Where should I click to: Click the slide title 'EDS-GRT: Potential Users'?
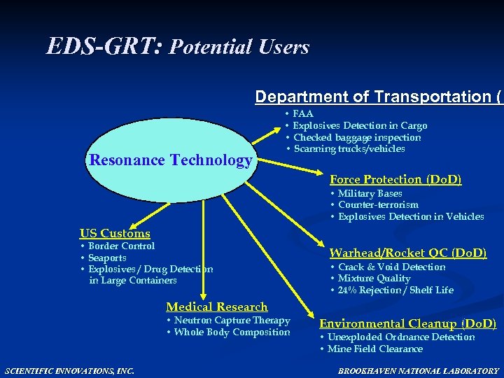pyautogui.click(x=178, y=47)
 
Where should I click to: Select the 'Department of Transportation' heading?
pyautogui.click(x=378, y=97)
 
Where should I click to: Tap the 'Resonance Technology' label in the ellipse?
pyautogui.click(x=171, y=160)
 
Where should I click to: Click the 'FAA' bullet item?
pyautogui.click(x=302, y=113)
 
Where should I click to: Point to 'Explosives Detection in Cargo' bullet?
pyautogui.click(x=360, y=125)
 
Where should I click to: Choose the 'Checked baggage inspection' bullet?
pyautogui.click(x=357, y=137)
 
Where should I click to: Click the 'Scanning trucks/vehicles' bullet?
pyautogui.click(x=349, y=148)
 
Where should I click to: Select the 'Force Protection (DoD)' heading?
pyautogui.click(x=395, y=179)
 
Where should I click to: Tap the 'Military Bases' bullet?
pyautogui.click(x=370, y=193)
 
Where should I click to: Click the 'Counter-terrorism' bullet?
pyautogui.click(x=378, y=205)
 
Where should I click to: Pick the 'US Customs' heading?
pyautogui.click(x=115, y=233)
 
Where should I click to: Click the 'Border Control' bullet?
pyautogui.click(x=121, y=246)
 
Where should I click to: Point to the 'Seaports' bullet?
pyautogui.click(x=107, y=258)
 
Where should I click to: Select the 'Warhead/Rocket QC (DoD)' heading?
pyautogui.click(x=408, y=253)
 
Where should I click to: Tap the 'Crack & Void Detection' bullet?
pyautogui.click(x=391, y=267)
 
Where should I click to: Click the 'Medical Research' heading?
pyautogui.click(x=217, y=307)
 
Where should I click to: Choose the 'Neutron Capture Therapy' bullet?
pyautogui.click(x=232, y=321)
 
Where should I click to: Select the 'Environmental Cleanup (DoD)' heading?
pyautogui.click(x=408, y=323)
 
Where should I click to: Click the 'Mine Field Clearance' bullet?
pyautogui.click(x=374, y=349)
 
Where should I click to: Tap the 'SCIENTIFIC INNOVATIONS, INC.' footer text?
pyautogui.click(x=69, y=370)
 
